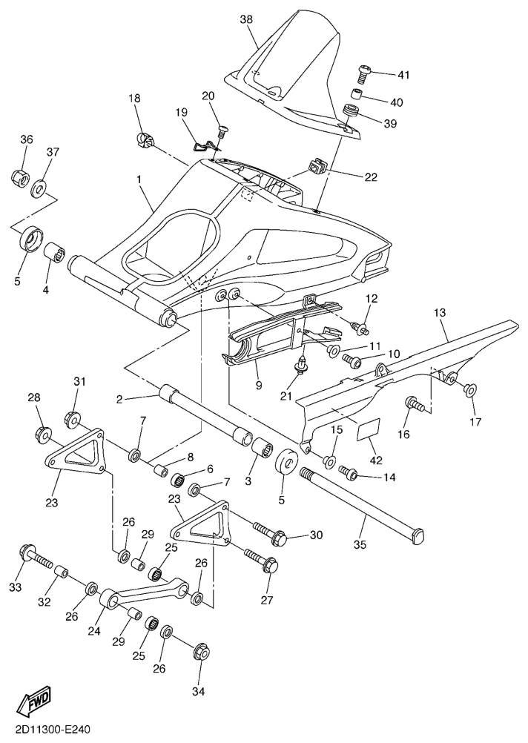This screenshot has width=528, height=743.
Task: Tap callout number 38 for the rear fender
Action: (x=246, y=19)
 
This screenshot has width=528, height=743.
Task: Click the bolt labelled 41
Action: (x=363, y=73)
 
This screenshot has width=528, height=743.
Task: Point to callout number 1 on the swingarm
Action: (x=139, y=179)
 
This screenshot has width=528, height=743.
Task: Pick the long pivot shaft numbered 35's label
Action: (x=360, y=545)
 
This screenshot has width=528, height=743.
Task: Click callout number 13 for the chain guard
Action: (x=440, y=312)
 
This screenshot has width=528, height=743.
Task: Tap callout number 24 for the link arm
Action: (x=94, y=631)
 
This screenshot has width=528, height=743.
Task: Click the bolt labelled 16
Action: (x=415, y=405)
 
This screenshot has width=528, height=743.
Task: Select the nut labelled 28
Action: (x=44, y=433)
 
